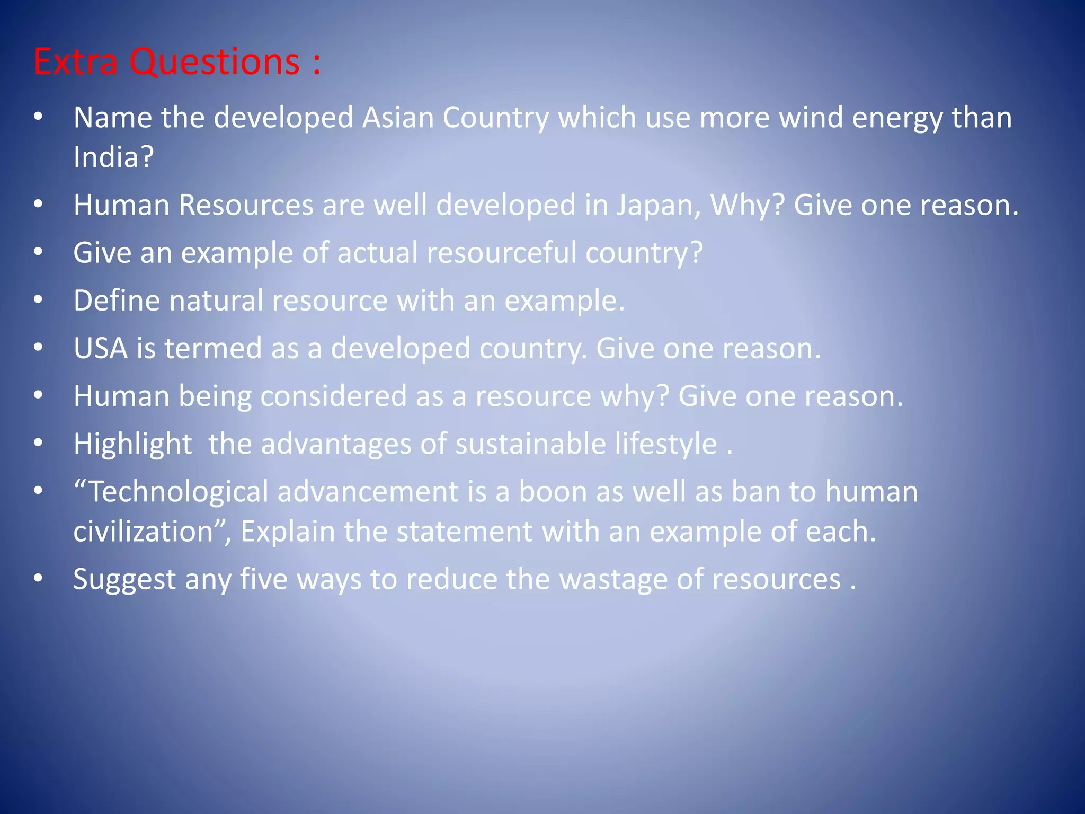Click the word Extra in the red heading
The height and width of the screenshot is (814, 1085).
75,62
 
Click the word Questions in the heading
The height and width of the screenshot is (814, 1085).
215,62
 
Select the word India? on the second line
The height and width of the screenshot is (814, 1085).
113,157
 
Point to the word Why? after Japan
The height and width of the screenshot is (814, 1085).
747,205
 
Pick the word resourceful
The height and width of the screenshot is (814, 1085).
501,253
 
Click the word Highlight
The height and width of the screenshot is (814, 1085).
132,444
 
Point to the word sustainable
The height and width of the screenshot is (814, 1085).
530,444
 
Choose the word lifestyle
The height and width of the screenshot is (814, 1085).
666,444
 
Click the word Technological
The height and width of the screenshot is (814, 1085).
178,492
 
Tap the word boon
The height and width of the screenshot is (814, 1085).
553,492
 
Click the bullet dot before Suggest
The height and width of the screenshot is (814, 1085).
38,578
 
